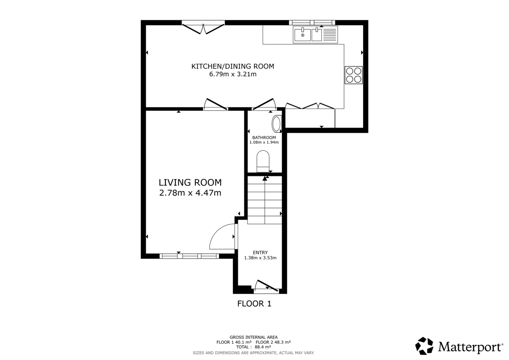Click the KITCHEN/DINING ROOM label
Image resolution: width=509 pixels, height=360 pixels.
tap(232, 66)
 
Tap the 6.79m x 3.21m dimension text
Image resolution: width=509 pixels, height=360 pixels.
tap(232, 74)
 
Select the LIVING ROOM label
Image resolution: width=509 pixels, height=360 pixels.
tap(190, 183)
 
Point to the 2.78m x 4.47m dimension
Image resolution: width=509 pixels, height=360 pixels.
tap(190, 193)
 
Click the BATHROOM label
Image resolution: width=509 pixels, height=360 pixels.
tap(264, 137)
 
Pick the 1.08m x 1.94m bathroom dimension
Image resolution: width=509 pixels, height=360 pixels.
tap(264, 142)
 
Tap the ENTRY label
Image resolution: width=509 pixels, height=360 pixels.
tap(260, 252)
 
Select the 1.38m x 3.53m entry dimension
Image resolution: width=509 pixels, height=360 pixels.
tap(260, 257)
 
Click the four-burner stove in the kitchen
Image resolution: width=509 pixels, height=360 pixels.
tap(354, 75)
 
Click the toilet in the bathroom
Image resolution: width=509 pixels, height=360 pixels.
tap(263, 161)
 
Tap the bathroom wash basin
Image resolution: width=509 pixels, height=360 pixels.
tap(276, 124)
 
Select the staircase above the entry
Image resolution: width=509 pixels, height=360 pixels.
tap(265, 199)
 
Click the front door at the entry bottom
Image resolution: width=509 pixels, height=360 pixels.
tap(266, 287)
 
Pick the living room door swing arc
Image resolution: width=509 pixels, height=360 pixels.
tap(222, 237)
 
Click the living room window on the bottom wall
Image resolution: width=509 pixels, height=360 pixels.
tap(189, 256)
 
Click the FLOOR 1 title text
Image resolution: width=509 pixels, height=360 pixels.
tap(254, 304)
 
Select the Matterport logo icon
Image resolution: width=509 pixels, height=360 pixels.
tap(424, 346)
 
